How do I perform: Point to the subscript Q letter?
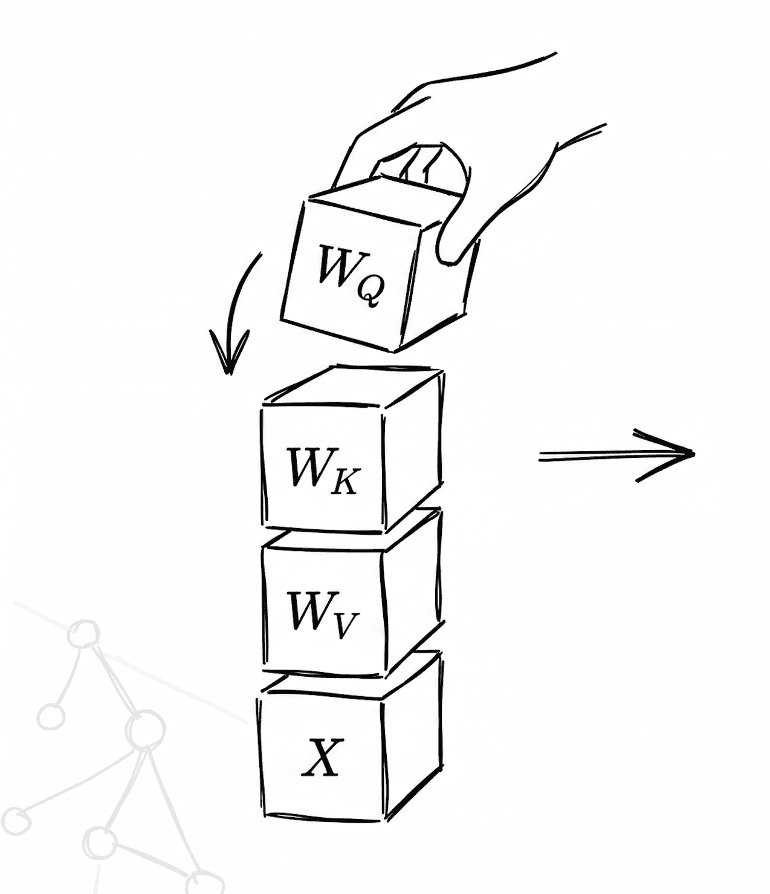pyautogui.click(x=369, y=293)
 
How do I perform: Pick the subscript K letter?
pyautogui.click(x=345, y=482)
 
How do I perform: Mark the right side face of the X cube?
pyautogui.click(x=411, y=738)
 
